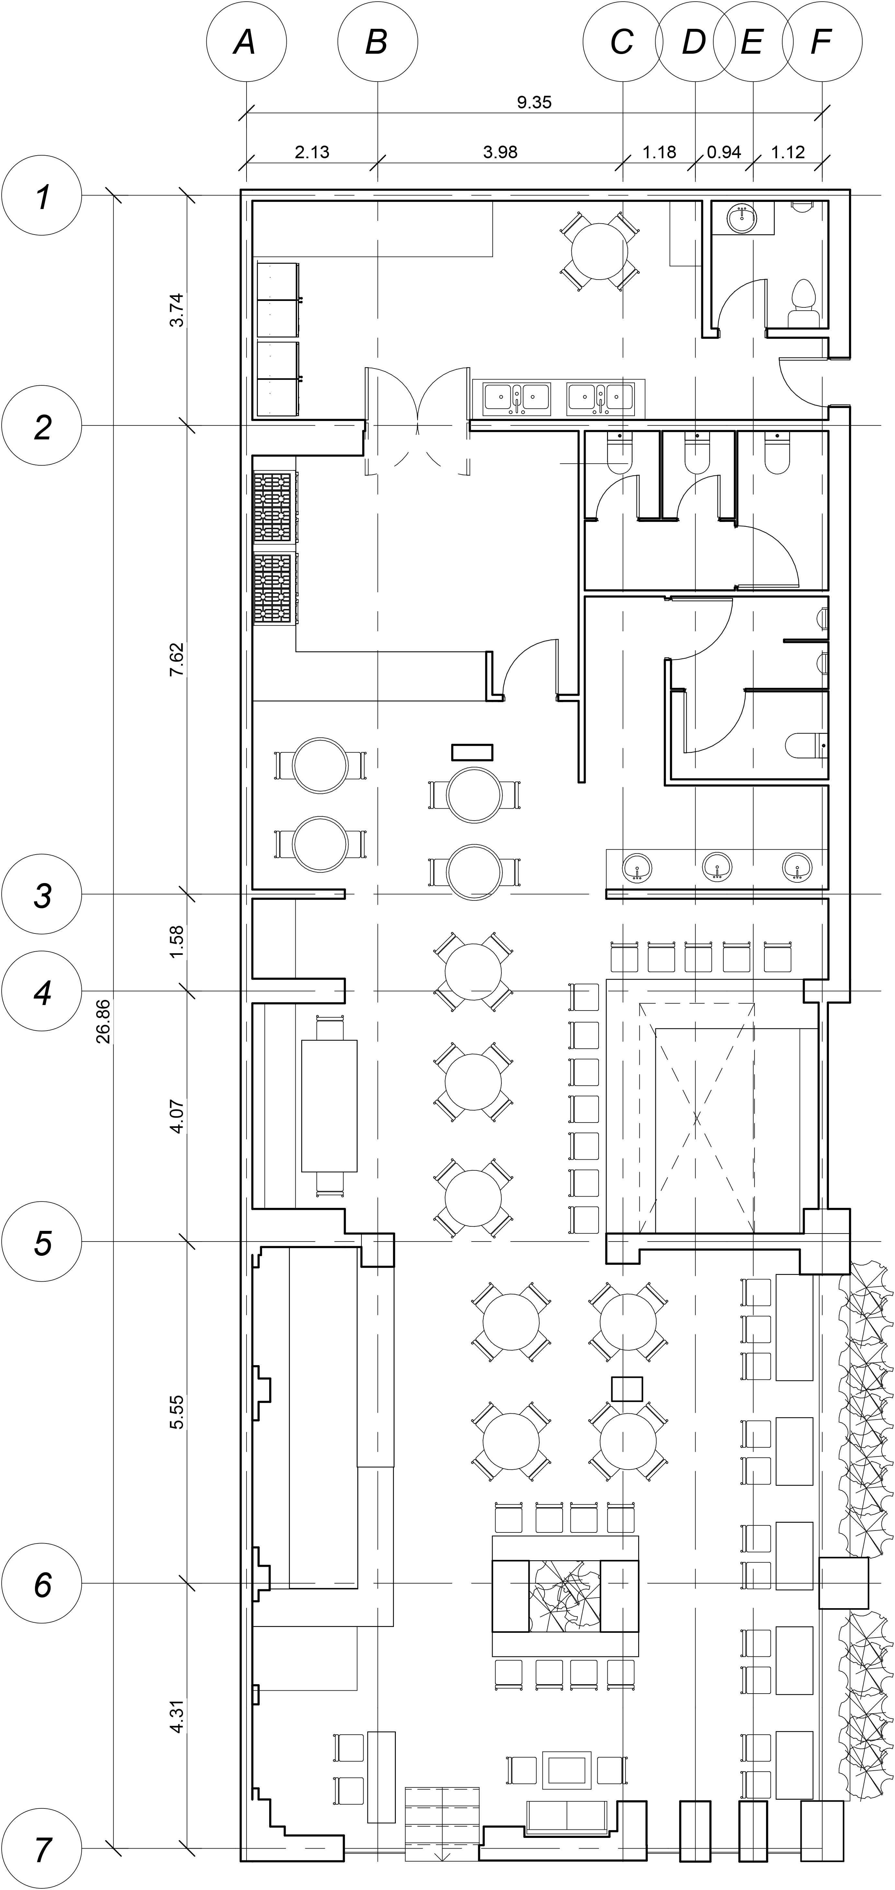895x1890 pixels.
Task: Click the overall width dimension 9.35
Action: pyautogui.click(x=534, y=102)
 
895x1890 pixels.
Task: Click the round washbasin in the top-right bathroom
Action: pyautogui.click(x=742, y=218)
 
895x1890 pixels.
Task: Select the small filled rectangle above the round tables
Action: pyautogui.click(x=472, y=752)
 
